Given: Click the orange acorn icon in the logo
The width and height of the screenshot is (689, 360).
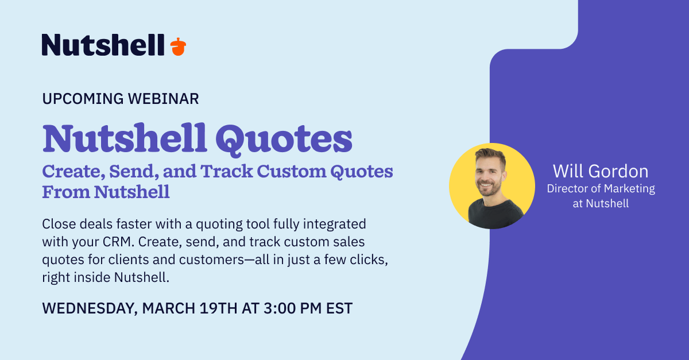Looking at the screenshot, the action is pos(178,47).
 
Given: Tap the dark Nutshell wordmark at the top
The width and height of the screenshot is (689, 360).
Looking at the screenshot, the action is pos(103,45).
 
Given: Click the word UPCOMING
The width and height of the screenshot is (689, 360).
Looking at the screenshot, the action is pos(83,99).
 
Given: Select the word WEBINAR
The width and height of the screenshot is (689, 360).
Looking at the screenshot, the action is pos(163,99).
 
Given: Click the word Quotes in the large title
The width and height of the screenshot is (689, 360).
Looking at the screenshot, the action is pos(284,140).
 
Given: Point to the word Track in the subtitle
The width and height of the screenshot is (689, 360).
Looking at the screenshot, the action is pos(226,171).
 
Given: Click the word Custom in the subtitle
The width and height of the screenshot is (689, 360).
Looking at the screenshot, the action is pos(291,171).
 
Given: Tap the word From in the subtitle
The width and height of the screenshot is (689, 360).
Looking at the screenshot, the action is pos(66,192).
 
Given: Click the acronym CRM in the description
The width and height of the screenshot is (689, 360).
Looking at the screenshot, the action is pos(118,242).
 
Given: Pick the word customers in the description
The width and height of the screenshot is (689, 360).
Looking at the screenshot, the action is pos(212,260).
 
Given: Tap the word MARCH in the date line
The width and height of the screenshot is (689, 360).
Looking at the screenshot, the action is pos(169,308).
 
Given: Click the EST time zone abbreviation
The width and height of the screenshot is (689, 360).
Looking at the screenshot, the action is pos(339,308).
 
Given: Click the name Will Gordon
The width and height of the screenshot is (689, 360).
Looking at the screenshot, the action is pos(601,171).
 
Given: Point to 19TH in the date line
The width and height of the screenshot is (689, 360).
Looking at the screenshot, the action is pos(218,308).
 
